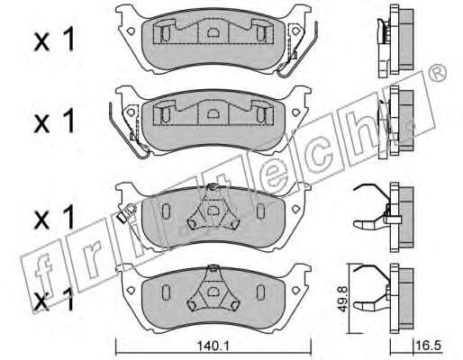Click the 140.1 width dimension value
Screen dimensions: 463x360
pyautogui.click(x=213, y=346)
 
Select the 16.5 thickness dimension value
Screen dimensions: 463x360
pyautogui.click(x=429, y=346)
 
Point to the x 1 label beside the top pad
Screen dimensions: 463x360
pyautogui.click(x=54, y=40)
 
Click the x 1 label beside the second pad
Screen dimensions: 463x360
pyautogui.click(x=54, y=121)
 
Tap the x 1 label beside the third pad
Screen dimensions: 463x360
pyautogui.click(x=54, y=218)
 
